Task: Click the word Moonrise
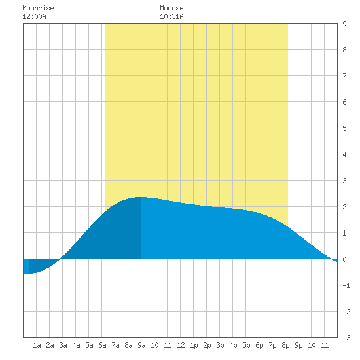pos(38,8)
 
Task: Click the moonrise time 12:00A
pos(34,16)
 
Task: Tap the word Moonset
pos(173,8)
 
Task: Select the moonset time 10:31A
pos(171,16)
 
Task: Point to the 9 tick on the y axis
pos(344,24)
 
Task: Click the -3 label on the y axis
pos(346,338)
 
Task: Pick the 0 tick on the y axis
pos(344,259)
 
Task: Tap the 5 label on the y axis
pos(344,128)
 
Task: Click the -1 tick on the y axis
pos(346,285)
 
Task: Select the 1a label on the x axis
pos(37,345)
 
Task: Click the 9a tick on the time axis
pos(141,345)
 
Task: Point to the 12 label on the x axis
pos(181,345)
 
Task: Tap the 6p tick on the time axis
pos(259,345)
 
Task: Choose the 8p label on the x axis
pos(285,345)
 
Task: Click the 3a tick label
pos(63,345)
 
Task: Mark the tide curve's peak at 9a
pos(141,197)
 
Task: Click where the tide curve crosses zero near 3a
pos(60,259)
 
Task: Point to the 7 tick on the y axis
pos(344,76)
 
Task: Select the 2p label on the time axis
pos(207,345)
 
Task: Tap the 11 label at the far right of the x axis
pos(325,345)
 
